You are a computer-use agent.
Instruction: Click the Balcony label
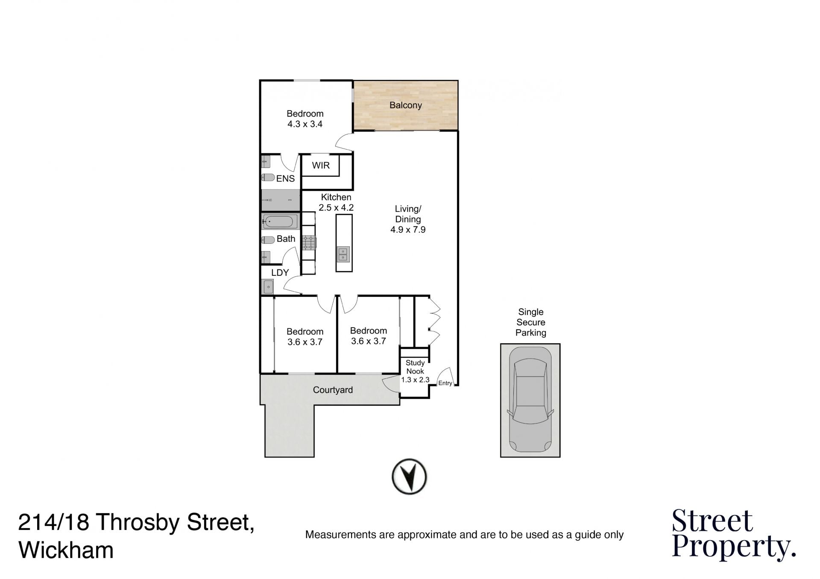[405, 105]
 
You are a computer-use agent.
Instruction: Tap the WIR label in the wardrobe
[321, 165]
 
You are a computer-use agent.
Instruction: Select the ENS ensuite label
[285, 178]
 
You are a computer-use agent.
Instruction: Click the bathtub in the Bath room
[280, 222]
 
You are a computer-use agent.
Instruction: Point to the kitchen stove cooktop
[308, 243]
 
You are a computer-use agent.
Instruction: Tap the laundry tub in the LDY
[268, 287]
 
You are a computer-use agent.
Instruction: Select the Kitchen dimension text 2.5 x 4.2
[336, 208]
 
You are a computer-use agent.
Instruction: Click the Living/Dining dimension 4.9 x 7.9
[408, 229]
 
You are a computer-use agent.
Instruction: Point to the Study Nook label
[415, 367]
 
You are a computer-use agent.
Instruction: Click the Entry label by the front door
[445, 383]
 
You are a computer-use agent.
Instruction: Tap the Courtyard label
[333, 390]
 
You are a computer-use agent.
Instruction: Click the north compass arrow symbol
[409, 477]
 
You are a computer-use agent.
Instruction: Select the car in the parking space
[530, 400]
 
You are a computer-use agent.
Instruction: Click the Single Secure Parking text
[531, 322]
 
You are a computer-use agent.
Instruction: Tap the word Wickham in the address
[66, 550]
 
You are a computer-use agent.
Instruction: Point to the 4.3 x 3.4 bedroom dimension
[305, 124]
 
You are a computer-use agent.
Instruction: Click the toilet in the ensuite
[268, 177]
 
